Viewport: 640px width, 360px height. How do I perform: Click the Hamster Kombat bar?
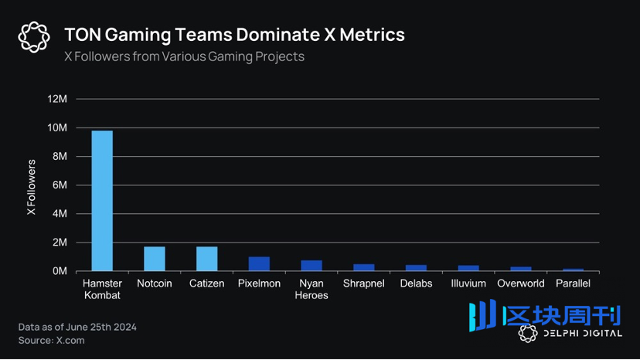[102, 201]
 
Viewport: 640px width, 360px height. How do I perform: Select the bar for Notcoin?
[155, 259]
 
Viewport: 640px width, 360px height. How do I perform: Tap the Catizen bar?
[207, 259]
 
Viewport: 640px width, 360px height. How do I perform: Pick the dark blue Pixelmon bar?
[259, 263]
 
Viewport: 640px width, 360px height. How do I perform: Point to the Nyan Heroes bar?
[311, 266]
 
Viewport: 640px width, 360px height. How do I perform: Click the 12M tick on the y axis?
[58, 99]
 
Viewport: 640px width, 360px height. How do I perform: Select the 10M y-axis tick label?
[58, 127]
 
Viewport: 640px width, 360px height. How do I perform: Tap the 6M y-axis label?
[60, 185]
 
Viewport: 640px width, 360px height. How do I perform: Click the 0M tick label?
[60, 271]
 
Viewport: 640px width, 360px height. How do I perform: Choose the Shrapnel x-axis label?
[364, 284]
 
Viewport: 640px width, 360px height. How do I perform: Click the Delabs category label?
[416, 284]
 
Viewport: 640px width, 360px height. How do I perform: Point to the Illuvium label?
[468, 284]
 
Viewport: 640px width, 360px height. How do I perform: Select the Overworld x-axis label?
[520, 284]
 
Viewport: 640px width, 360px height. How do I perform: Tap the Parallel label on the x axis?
[573, 284]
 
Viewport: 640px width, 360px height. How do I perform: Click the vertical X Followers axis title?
[32, 188]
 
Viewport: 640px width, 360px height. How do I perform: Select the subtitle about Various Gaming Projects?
[184, 56]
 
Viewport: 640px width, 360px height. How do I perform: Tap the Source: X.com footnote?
[52, 340]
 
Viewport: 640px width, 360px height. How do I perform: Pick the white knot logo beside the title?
[34, 37]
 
